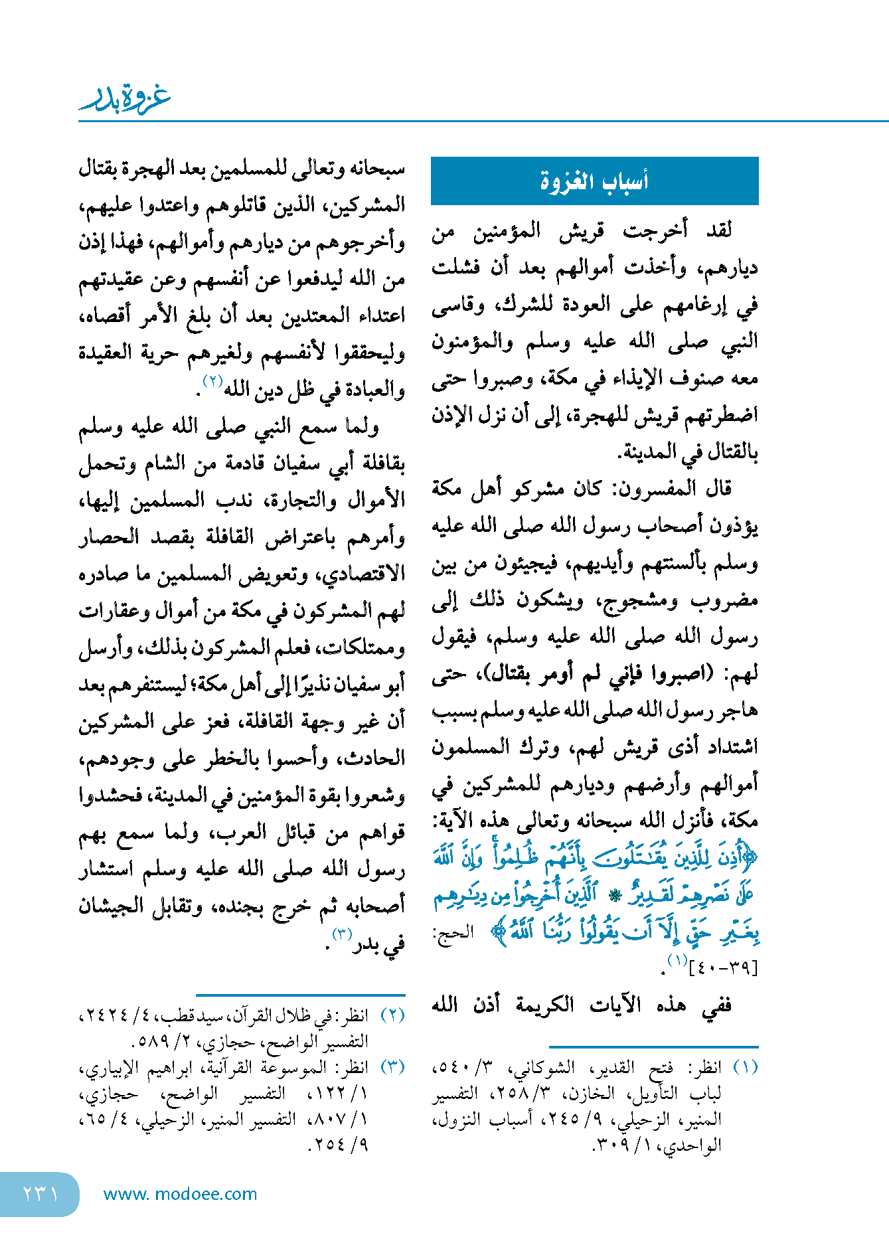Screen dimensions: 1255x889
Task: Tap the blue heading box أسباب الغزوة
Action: click(x=594, y=181)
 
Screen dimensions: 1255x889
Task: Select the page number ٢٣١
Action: click(x=40, y=1193)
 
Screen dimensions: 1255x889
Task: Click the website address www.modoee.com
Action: click(x=180, y=1194)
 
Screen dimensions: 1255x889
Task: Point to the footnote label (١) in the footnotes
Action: click(x=744, y=1067)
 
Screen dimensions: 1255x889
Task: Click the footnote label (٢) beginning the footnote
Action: click(x=392, y=1015)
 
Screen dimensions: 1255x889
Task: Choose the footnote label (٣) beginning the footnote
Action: click(x=392, y=1067)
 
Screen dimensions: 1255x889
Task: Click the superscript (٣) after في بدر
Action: click(x=341, y=934)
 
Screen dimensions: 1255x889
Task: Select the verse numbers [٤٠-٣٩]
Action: click(x=724, y=968)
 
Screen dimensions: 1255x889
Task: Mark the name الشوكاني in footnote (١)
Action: click(x=549, y=1067)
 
